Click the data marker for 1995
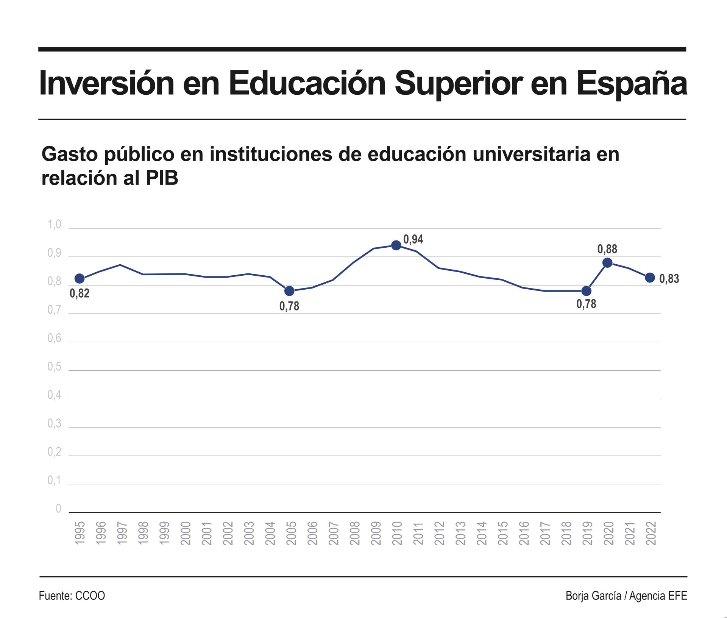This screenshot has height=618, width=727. (80, 279)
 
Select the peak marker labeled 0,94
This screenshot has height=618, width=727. (396, 245)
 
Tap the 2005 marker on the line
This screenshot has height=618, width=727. (289, 291)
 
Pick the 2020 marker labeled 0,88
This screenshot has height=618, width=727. (607, 263)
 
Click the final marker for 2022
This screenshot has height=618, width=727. (650, 278)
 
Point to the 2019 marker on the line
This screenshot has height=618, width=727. (586, 291)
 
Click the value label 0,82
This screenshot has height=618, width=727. (80, 293)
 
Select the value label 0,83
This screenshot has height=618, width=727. (669, 279)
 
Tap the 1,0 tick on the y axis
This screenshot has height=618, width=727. (54, 225)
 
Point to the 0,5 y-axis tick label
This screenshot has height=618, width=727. (54, 367)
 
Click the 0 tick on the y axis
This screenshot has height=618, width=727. (58, 509)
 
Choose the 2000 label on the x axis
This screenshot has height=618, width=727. (186, 533)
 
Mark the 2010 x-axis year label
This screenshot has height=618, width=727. (397, 533)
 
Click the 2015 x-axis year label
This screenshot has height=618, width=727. (502, 533)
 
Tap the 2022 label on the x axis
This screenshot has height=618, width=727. (651, 533)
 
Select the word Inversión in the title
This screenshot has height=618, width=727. (106, 83)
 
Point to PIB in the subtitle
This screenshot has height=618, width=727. (162, 178)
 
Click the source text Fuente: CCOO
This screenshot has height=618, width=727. (72, 596)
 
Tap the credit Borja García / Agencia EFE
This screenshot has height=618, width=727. (626, 596)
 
